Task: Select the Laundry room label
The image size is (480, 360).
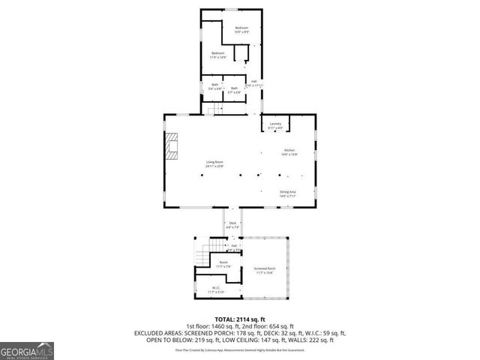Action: click(x=275, y=124)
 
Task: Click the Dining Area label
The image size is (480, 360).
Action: click(x=288, y=192)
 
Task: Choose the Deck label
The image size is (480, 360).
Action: click(x=232, y=223)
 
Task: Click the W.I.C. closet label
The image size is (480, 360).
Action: click(x=215, y=287)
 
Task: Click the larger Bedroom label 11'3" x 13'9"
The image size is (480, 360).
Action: click(x=218, y=53)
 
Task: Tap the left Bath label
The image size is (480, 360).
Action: click(x=214, y=85)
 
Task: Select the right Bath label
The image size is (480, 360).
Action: click(x=234, y=88)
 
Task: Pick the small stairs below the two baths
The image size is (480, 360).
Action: click(x=216, y=109)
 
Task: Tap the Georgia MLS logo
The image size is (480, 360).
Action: click(x=27, y=350)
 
